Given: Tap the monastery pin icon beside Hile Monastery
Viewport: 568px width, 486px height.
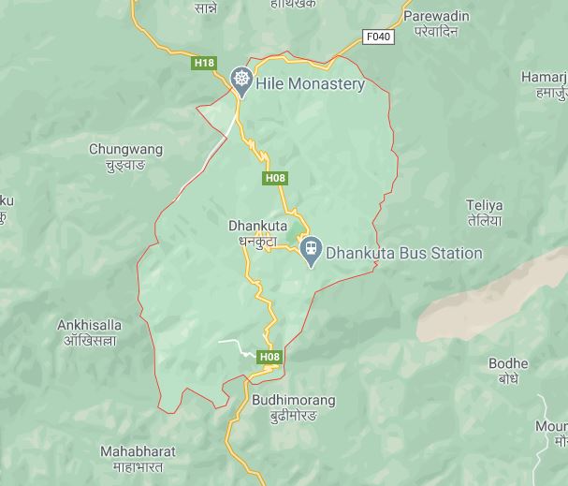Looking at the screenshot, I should (x=241, y=81).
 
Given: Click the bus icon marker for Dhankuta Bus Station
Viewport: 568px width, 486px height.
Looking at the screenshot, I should (x=312, y=250).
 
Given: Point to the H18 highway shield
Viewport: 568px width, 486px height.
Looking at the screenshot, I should (x=204, y=63).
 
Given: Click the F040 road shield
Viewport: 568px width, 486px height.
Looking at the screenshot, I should (x=379, y=37).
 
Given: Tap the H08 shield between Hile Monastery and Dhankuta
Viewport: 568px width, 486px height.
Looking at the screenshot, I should (x=275, y=178).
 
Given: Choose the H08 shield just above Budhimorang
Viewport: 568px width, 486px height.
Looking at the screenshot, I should (x=269, y=357).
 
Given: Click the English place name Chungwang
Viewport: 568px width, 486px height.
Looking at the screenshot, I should (x=125, y=149).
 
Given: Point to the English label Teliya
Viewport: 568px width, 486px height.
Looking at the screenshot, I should (x=484, y=205).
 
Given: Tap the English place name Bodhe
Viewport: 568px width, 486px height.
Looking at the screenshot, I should (x=508, y=363).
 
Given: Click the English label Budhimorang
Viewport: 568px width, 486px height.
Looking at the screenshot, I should (x=293, y=400).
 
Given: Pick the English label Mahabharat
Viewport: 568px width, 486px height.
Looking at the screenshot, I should (x=138, y=451).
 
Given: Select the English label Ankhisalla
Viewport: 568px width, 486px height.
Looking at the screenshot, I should (x=89, y=325).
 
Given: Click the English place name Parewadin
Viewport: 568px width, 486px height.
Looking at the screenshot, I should (x=436, y=16).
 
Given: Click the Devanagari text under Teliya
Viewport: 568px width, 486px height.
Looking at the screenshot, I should (x=484, y=221).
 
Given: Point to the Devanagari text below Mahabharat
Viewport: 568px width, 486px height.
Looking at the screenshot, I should (x=138, y=466).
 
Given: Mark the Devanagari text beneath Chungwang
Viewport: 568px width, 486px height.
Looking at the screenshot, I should (x=125, y=165).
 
